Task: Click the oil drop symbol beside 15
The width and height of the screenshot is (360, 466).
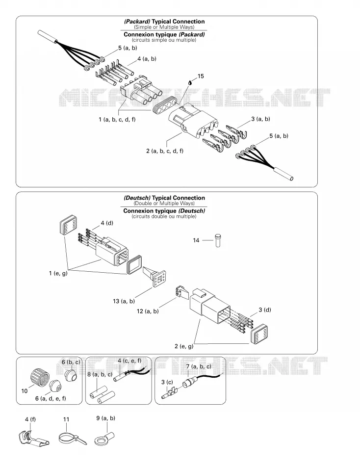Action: (x=190, y=83)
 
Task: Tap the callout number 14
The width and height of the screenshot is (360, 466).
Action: (x=196, y=240)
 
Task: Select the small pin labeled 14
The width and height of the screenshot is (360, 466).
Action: (x=218, y=240)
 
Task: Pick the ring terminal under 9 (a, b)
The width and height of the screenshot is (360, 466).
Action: (x=104, y=438)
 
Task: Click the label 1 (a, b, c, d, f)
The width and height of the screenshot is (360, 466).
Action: (x=117, y=120)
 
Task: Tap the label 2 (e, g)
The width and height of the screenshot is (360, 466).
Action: (x=184, y=346)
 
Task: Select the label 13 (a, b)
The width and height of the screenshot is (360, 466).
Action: (x=124, y=301)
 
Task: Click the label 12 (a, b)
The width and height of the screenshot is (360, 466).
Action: (x=148, y=311)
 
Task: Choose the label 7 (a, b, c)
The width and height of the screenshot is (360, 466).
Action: (x=199, y=366)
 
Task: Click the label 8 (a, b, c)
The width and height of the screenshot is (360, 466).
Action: (x=100, y=374)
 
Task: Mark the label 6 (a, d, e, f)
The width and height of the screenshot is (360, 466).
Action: (x=51, y=398)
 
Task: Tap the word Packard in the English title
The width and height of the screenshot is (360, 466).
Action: (x=137, y=22)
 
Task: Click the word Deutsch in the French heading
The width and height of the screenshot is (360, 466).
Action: (x=192, y=211)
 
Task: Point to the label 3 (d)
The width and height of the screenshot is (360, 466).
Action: (x=264, y=310)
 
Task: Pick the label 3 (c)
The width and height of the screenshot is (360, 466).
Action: (x=167, y=382)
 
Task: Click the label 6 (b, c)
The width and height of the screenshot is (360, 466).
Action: (x=71, y=362)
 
